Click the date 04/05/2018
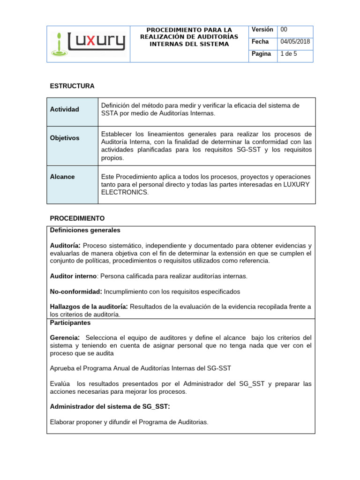pyautogui.click(x=295, y=42)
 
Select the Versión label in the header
pyautogui.click(x=262, y=30)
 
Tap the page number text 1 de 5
pyautogui.click(x=288, y=54)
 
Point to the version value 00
pyautogui.click(x=284, y=30)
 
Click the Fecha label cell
pyautogui.click(x=260, y=42)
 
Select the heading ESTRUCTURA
pyautogui.click(x=72, y=86)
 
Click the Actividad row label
pyautogui.click(x=64, y=109)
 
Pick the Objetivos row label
pyautogui.click(x=65, y=138)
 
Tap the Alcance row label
pyautogui.click(x=62, y=177)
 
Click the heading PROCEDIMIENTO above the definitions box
pyautogui.click(x=77, y=218)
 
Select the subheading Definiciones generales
pyautogui.click(x=85, y=230)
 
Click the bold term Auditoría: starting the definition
pyautogui.click(x=65, y=246)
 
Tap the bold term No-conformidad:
pyautogui.click(x=76, y=292)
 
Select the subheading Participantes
pyautogui.click(x=70, y=322)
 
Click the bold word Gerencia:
pyautogui.click(x=65, y=338)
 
